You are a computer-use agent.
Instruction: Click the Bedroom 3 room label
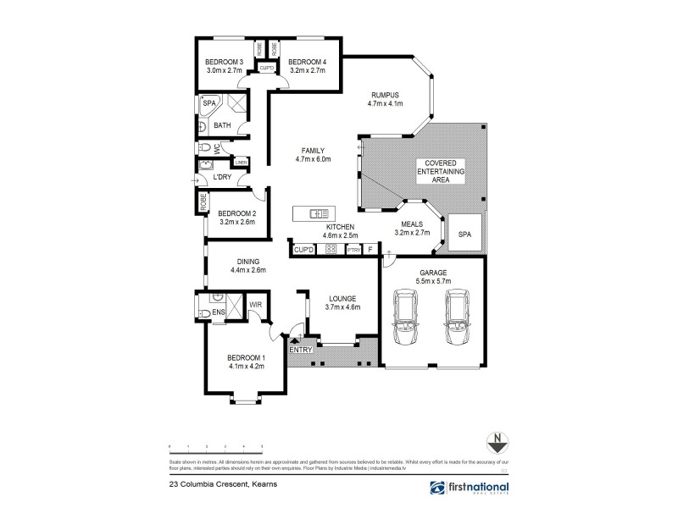click(x=225, y=63)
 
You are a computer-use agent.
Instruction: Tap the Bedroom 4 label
click(x=306, y=63)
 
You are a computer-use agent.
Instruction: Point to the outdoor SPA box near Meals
click(x=464, y=234)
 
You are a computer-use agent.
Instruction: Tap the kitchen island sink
click(x=318, y=213)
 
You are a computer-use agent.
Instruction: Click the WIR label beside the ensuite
click(x=255, y=304)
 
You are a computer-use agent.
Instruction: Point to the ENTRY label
click(x=301, y=350)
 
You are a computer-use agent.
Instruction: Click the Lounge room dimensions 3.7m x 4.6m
click(x=343, y=308)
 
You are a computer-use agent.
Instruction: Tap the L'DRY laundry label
click(x=223, y=177)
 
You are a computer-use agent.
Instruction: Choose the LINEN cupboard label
click(x=242, y=161)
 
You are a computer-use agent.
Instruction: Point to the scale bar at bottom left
click(x=216, y=445)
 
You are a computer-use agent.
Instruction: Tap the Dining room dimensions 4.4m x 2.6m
click(x=248, y=271)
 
